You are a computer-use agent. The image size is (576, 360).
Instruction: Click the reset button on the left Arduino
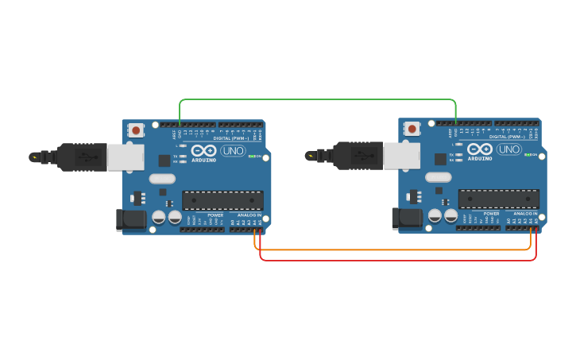tap(136, 130)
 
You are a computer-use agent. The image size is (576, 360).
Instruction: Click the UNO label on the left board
tap(233, 150)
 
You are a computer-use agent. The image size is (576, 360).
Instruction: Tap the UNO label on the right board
tap(508, 149)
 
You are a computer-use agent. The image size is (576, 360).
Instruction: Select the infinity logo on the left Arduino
tap(203, 150)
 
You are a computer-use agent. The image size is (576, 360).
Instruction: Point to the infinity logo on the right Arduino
tap(480, 149)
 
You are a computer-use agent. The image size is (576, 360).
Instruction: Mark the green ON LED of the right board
tap(528, 155)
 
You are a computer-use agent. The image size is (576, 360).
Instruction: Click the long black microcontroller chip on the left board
tap(222, 200)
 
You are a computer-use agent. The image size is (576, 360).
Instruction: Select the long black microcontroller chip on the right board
tap(498, 199)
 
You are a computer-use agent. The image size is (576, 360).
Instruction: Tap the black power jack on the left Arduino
tap(130, 219)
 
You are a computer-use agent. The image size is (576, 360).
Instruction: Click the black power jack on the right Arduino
tap(407, 218)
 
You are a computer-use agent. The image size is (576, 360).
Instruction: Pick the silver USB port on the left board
tap(126, 157)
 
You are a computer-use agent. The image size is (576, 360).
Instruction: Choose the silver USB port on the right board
tap(402, 155)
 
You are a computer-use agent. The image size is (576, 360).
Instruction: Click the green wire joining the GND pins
tap(318, 100)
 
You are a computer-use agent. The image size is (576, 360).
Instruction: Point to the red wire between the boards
tap(397, 260)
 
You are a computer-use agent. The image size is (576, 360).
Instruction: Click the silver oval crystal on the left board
tap(161, 178)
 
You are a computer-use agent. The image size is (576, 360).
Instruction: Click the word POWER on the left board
tap(215, 215)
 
